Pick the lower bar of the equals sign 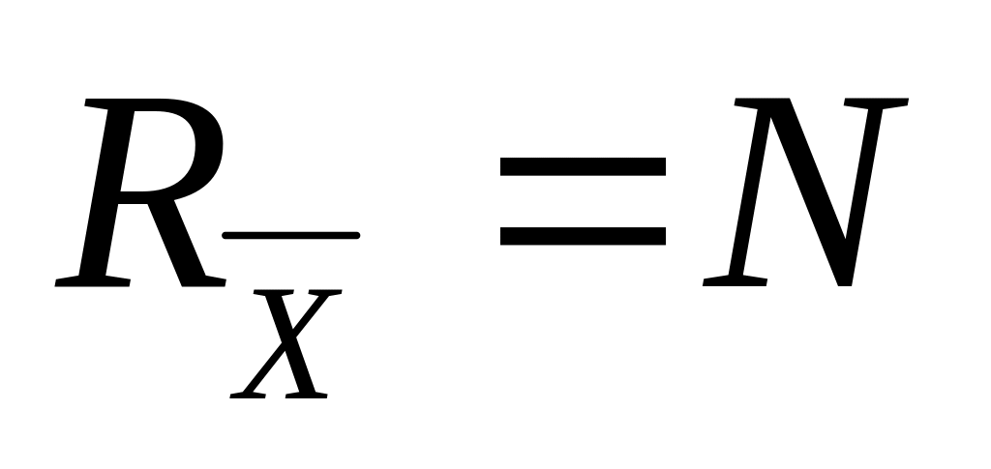point(583,235)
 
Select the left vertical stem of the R point(106,193)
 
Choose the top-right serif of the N point(876,102)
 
